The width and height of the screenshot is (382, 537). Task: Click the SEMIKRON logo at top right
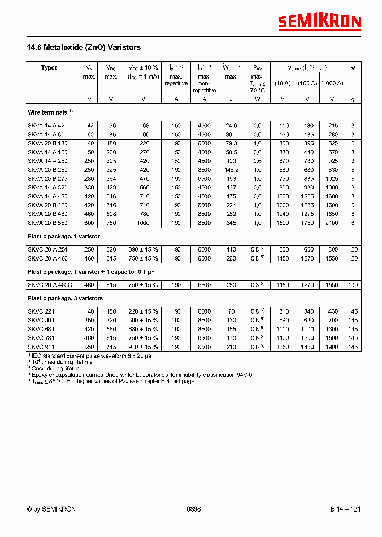tap(319, 22)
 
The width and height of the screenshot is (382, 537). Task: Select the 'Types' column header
tap(49, 68)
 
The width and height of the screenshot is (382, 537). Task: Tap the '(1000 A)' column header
tap(332, 83)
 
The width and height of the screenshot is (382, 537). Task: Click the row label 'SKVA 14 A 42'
tap(46, 125)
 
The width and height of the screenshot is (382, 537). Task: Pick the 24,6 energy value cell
tap(231, 125)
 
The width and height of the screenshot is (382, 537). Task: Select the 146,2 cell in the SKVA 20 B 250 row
tap(231, 170)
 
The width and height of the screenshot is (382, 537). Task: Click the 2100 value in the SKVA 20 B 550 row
tap(332, 223)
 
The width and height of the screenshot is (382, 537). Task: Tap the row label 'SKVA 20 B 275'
tap(47, 179)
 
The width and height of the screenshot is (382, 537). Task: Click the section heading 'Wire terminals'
tap(48, 113)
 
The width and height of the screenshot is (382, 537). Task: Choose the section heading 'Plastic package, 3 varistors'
tap(65, 299)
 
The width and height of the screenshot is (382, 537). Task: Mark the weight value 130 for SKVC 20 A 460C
tap(353, 285)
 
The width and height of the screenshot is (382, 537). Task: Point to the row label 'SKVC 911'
tap(41, 347)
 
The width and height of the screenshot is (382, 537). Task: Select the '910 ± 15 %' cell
tap(143, 347)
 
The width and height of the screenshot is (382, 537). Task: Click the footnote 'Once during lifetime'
tap(58, 368)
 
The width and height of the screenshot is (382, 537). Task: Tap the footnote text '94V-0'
tap(245, 375)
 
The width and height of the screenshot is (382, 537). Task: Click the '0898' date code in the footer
tap(194, 509)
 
